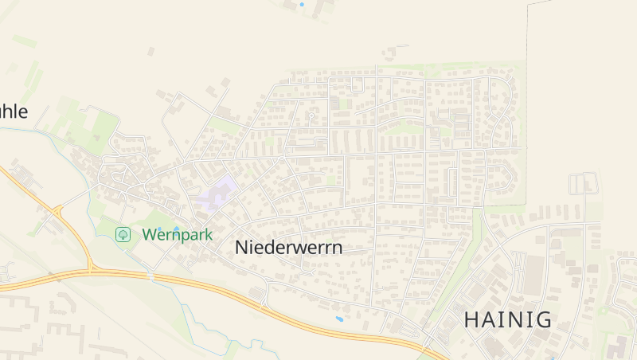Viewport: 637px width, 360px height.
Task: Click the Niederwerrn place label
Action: (x=289, y=248)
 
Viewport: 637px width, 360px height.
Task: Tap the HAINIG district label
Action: (x=508, y=320)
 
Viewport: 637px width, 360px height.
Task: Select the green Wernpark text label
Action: (x=178, y=235)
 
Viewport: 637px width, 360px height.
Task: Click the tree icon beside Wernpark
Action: (x=123, y=234)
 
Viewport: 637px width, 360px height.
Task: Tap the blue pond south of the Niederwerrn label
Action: (x=340, y=319)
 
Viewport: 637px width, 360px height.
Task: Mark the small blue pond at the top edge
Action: (x=302, y=5)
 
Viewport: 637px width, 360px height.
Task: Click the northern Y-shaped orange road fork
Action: (x=58, y=210)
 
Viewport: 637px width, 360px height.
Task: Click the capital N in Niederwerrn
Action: (x=241, y=248)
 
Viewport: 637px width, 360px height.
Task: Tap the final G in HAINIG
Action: (x=543, y=320)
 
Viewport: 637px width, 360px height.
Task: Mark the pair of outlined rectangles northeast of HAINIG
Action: (x=584, y=183)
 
